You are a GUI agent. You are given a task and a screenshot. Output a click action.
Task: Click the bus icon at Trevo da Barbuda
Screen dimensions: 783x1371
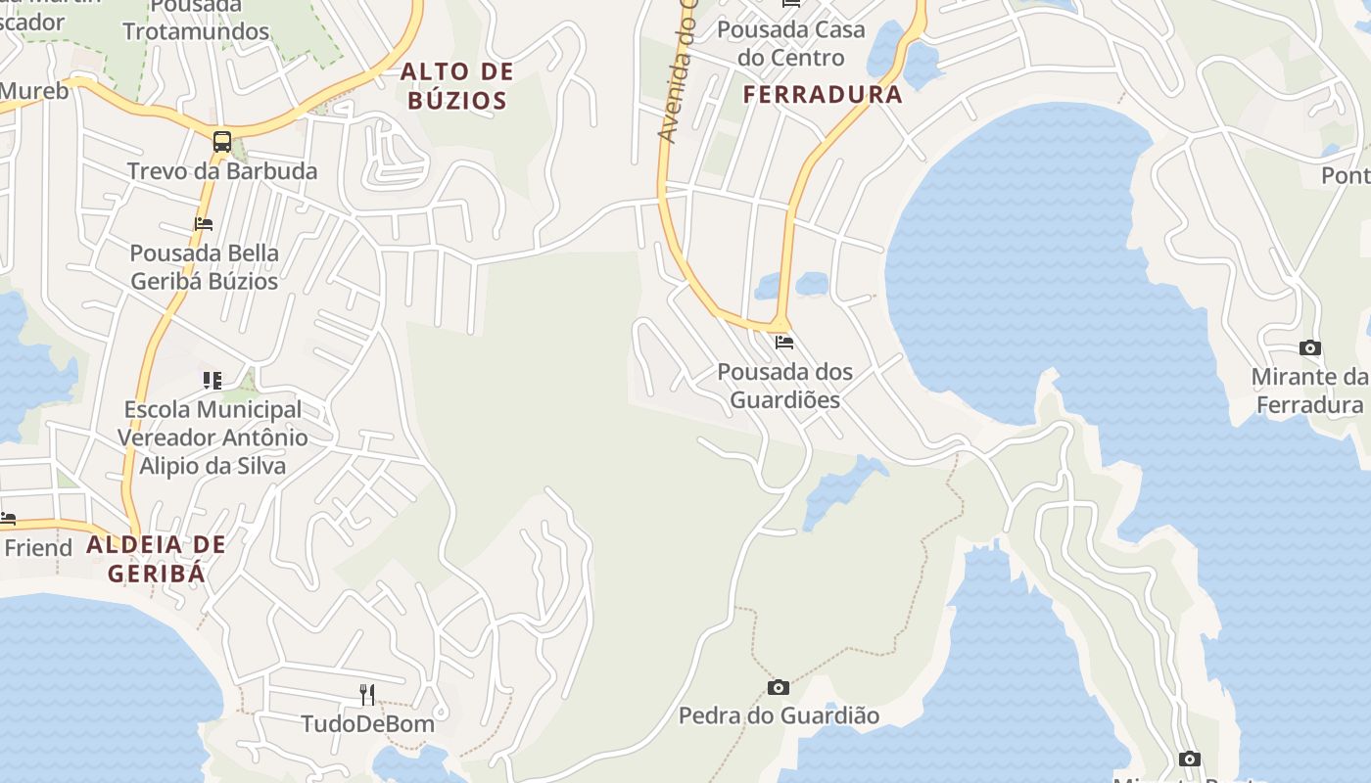(222, 142)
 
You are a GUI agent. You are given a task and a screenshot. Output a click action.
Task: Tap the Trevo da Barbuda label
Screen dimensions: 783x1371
(222, 171)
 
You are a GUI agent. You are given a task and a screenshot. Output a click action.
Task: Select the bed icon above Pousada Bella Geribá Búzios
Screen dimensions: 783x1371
(204, 224)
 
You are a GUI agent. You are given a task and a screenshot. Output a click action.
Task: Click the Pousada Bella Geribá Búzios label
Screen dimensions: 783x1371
(205, 267)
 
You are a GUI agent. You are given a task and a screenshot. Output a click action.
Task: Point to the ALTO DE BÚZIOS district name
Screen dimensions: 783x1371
(457, 85)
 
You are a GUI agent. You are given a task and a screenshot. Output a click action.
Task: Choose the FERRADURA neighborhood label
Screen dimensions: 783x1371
(823, 95)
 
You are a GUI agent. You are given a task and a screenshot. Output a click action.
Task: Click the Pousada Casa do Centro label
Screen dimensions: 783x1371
(791, 43)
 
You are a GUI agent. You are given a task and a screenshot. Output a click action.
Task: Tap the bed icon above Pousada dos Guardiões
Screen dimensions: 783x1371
(783, 343)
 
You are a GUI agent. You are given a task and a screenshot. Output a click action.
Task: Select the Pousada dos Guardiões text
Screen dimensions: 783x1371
(785, 386)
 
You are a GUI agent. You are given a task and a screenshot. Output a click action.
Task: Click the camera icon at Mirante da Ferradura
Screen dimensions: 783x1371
(1309, 347)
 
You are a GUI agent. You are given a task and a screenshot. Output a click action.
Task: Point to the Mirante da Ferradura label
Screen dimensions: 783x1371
(1309, 391)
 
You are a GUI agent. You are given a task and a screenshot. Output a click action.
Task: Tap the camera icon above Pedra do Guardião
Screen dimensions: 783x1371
(779, 687)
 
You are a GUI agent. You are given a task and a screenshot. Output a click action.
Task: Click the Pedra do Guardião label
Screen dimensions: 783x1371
(780, 715)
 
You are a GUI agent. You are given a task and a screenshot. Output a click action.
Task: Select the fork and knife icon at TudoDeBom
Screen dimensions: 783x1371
(367, 695)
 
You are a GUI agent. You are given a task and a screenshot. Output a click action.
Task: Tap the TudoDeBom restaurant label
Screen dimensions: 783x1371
(367, 724)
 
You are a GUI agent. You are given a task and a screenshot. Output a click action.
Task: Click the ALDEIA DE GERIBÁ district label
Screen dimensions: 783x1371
(157, 559)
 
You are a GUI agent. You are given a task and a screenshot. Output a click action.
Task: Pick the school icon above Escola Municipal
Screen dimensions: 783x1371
(213, 380)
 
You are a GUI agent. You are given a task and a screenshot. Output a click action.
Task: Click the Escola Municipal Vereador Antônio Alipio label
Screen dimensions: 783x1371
(212, 438)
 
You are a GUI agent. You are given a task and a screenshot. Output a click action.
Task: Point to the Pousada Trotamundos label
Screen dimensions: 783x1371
(196, 20)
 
